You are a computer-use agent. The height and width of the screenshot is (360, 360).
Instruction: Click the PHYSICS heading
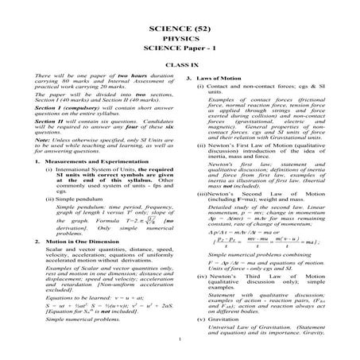pos(180,23)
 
